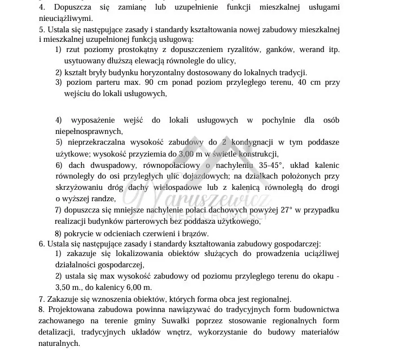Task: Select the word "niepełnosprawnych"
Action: click(89, 131)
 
